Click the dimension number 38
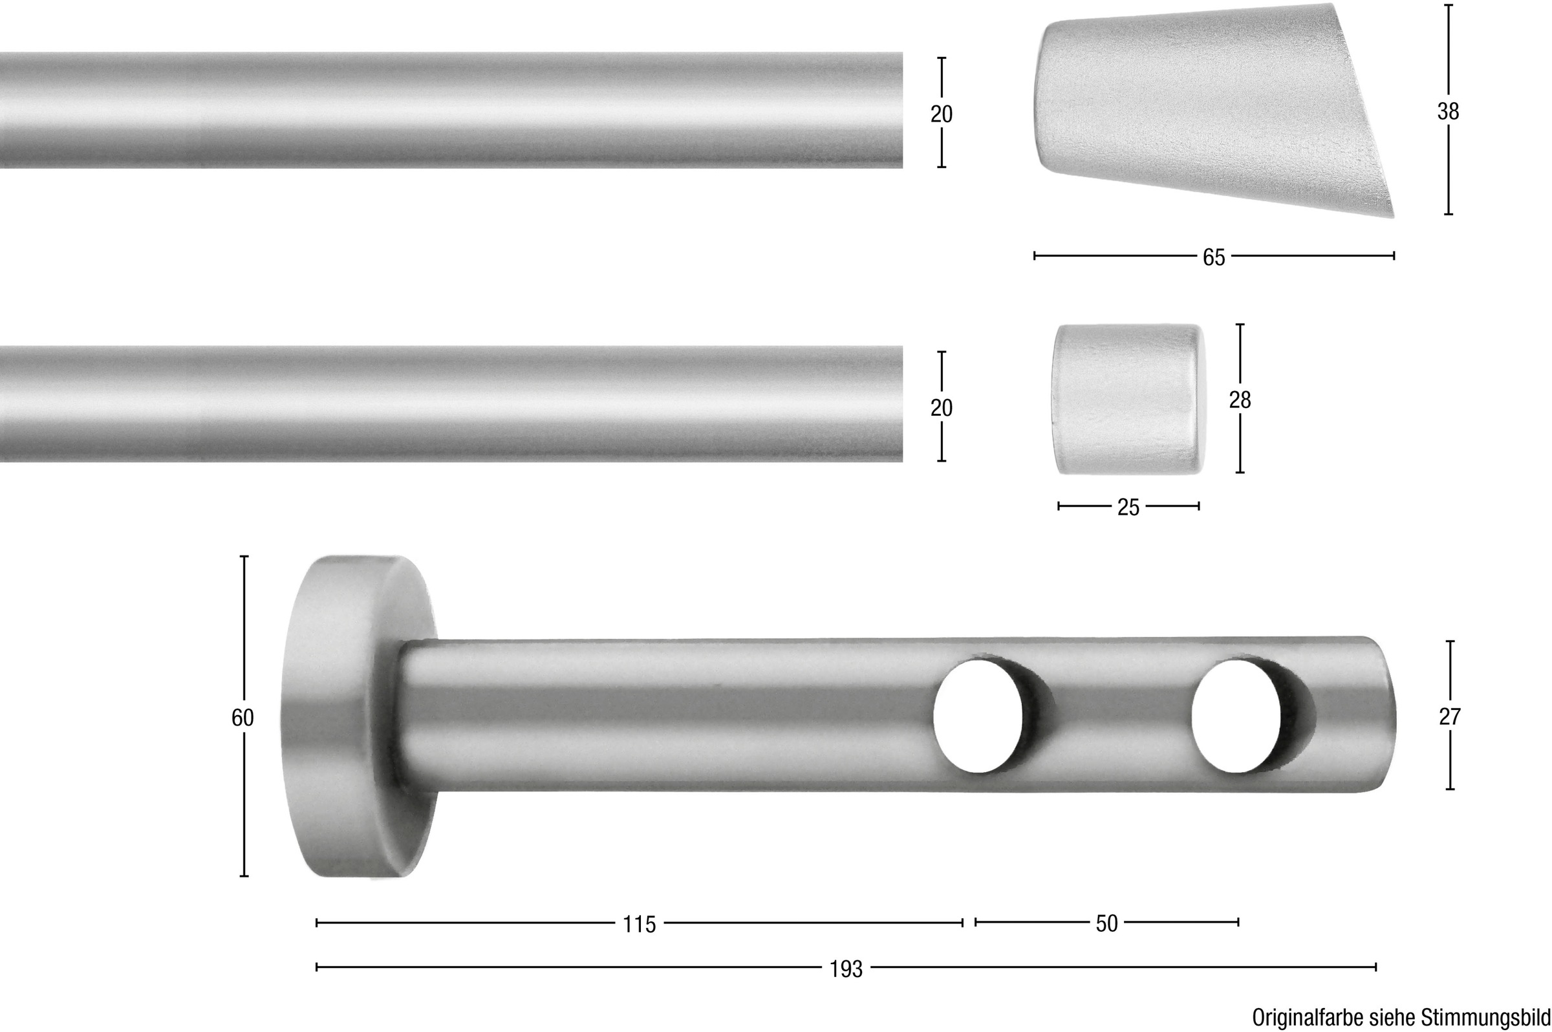(1448, 112)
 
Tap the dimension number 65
(1214, 257)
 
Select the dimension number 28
(1240, 400)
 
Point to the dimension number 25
(1128, 507)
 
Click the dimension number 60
(242, 717)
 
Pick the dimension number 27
(1449, 716)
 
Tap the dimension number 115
(639, 925)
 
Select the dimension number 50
(1106, 924)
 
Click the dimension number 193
(846, 969)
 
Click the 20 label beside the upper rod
(941, 114)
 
